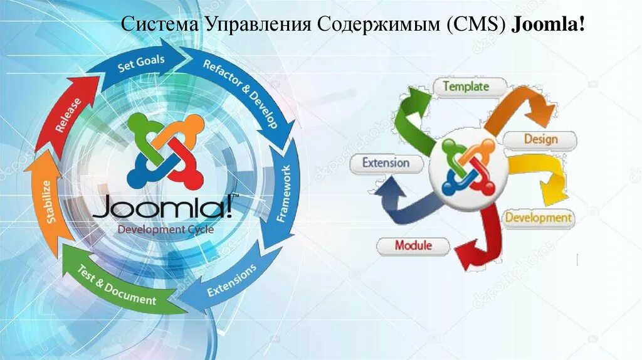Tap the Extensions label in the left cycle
[x=232, y=280]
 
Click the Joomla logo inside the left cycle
[x=166, y=151]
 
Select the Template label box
[x=466, y=87]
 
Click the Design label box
[x=540, y=140]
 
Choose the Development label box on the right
[x=539, y=218]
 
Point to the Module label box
[x=413, y=245]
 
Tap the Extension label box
[x=386, y=163]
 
